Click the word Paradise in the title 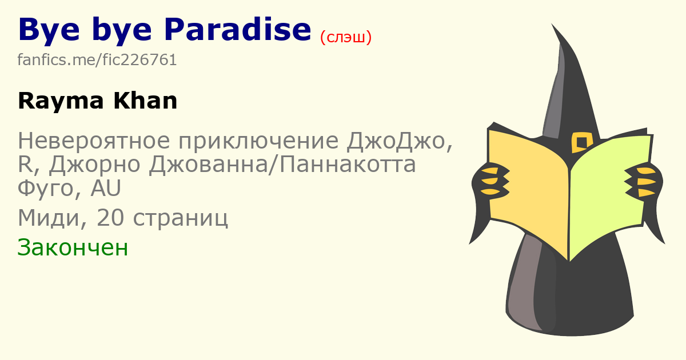click(x=238, y=30)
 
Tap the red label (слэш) click(x=346, y=37)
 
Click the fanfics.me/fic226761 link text click(x=97, y=59)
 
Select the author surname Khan click(x=145, y=101)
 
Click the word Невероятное click(x=94, y=141)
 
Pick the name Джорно click(x=95, y=165)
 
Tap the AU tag click(x=106, y=187)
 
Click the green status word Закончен click(x=73, y=247)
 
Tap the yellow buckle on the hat click(x=582, y=142)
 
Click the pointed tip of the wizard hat click(x=552, y=25)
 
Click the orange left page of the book click(x=528, y=190)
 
